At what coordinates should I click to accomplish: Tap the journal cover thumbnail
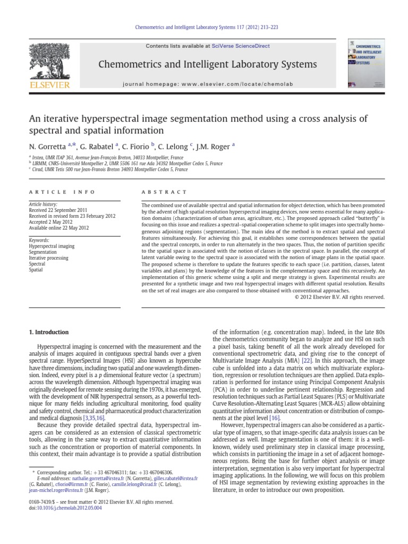[x=367, y=63]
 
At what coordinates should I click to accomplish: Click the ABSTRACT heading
[x=164, y=192]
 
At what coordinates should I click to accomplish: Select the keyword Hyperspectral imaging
[x=52, y=246]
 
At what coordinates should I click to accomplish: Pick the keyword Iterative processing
[x=48, y=258]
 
